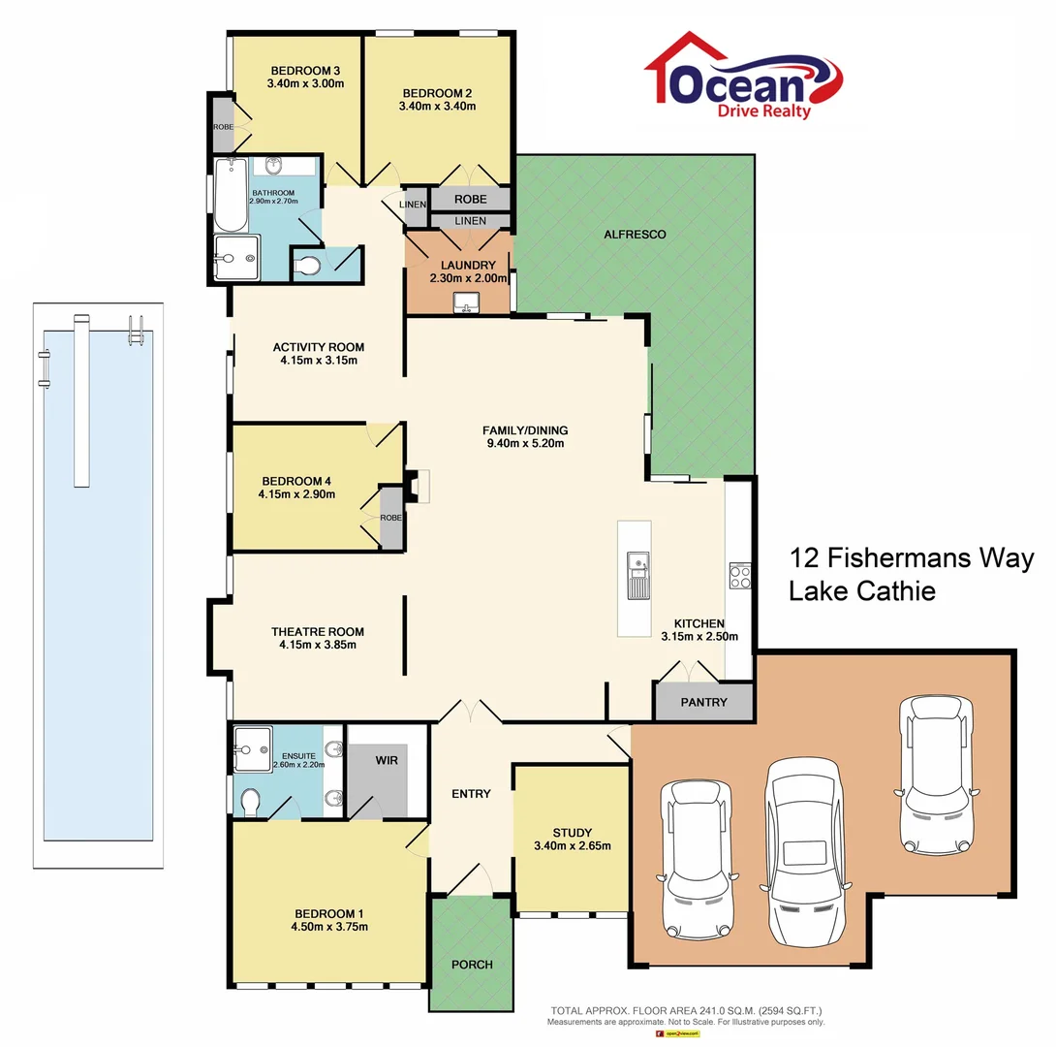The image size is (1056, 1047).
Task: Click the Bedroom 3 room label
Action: pos(305,70)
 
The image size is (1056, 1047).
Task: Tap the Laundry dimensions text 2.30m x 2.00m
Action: pos(469,278)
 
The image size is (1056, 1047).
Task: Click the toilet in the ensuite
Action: pos(250,801)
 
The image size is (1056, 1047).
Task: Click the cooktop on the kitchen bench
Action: pos(739,577)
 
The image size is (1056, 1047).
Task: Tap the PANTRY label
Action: pos(703,702)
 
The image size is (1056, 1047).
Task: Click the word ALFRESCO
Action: pos(635,234)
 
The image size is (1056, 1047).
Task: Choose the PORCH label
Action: pos(472,964)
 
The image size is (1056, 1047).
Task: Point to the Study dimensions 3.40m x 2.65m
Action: pos(572,845)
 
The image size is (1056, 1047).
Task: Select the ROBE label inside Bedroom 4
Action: pos(391,518)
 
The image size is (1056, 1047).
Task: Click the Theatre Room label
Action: pos(318,632)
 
